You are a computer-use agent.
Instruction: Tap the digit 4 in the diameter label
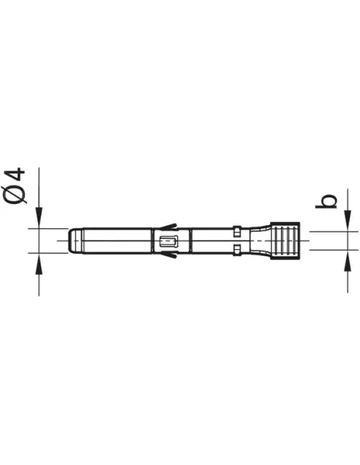tap(15, 174)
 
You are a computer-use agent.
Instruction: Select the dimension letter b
tap(326, 201)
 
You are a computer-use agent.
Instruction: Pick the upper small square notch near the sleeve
tap(237, 231)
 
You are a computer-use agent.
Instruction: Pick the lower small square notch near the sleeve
tap(237, 250)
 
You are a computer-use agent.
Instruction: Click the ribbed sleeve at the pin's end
tap(284, 240)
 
